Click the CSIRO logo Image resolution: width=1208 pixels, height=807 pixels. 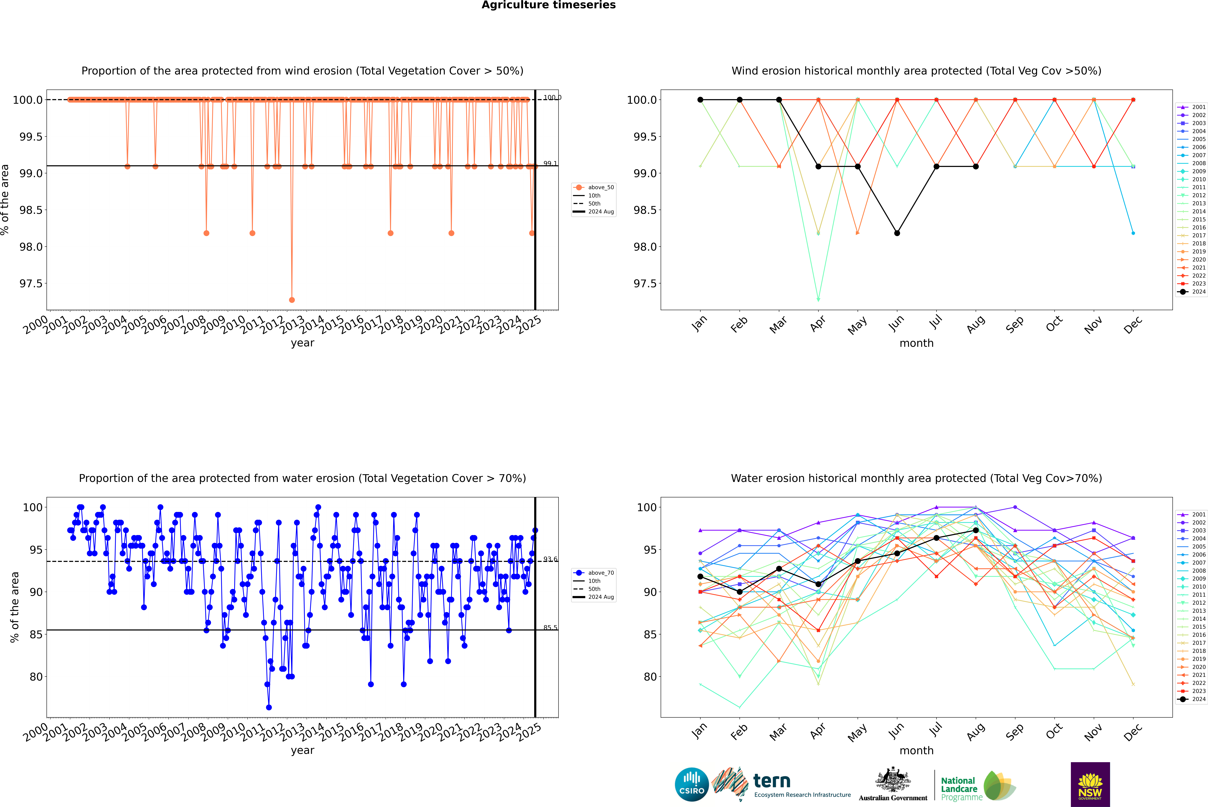(x=692, y=784)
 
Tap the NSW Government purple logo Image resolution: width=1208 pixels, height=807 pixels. (x=1090, y=784)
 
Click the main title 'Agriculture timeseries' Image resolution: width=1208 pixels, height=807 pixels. (x=548, y=5)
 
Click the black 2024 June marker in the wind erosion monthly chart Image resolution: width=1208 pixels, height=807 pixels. (x=897, y=233)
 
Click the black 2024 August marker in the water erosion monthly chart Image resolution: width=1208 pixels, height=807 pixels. (x=976, y=530)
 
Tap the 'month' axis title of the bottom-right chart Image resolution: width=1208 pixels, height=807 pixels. (x=916, y=750)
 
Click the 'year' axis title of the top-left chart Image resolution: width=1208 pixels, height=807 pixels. (x=302, y=343)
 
